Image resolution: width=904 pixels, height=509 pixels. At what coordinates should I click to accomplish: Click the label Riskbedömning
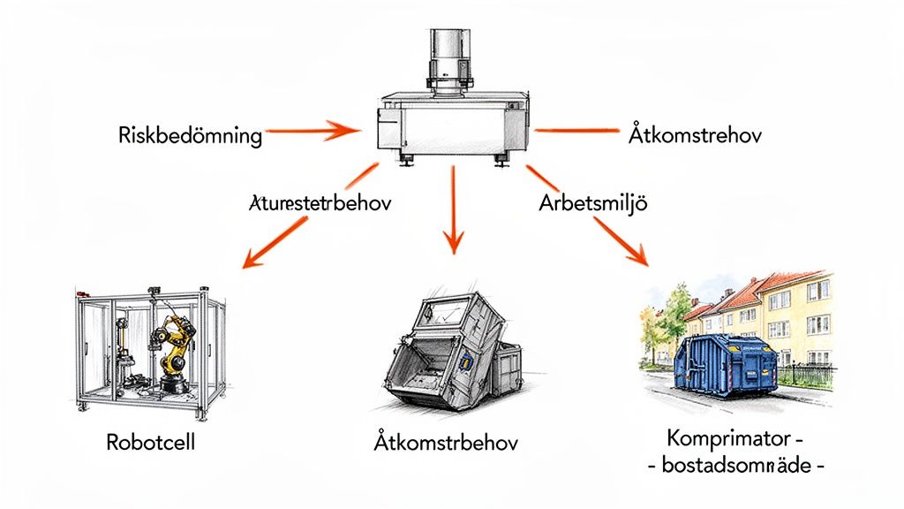[x=190, y=136]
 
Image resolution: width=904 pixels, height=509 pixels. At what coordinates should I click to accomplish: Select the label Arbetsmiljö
[x=593, y=202]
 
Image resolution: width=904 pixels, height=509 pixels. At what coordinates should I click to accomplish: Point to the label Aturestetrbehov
[x=315, y=202]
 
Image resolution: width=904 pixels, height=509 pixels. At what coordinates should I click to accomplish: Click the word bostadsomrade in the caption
[x=734, y=465]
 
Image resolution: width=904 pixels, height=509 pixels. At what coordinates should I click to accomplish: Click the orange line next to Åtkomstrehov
[x=575, y=132]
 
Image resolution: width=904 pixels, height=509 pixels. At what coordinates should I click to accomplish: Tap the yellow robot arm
[x=174, y=345]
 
